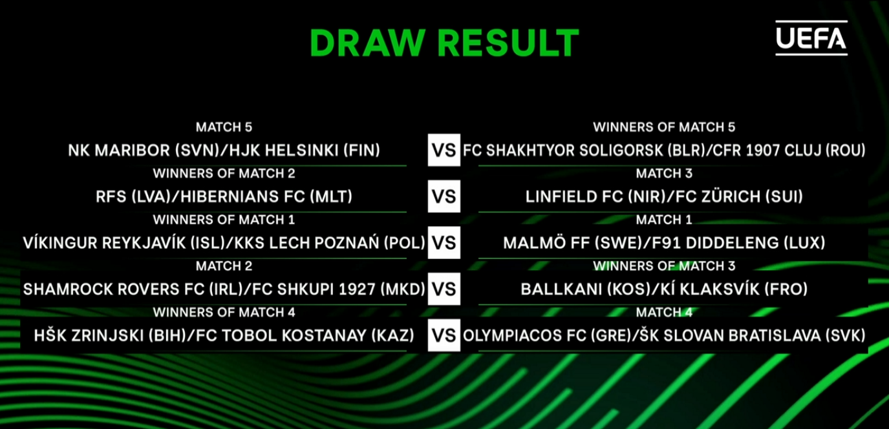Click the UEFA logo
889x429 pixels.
[811, 38]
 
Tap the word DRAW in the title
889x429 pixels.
[368, 43]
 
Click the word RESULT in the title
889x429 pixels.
[509, 43]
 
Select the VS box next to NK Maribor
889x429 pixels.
[444, 151]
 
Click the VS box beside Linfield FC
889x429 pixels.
[444, 196]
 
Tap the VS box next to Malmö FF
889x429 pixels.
[444, 243]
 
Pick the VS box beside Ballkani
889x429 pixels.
[444, 289]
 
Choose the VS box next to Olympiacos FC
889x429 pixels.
[444, 335]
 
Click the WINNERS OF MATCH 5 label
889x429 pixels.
[664, 127]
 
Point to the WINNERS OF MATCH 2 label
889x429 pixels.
[224, 173]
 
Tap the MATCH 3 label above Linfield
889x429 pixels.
[664, 173]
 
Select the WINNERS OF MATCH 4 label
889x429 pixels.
[224, 313]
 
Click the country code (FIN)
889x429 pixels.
[361, 151]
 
